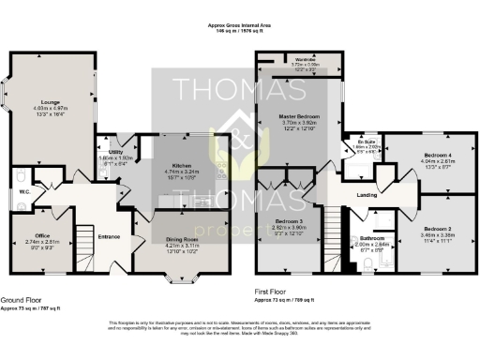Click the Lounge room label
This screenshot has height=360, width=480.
point(50,102)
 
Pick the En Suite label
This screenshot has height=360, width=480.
point(364,142)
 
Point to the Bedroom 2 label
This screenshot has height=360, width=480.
point(437,228)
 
